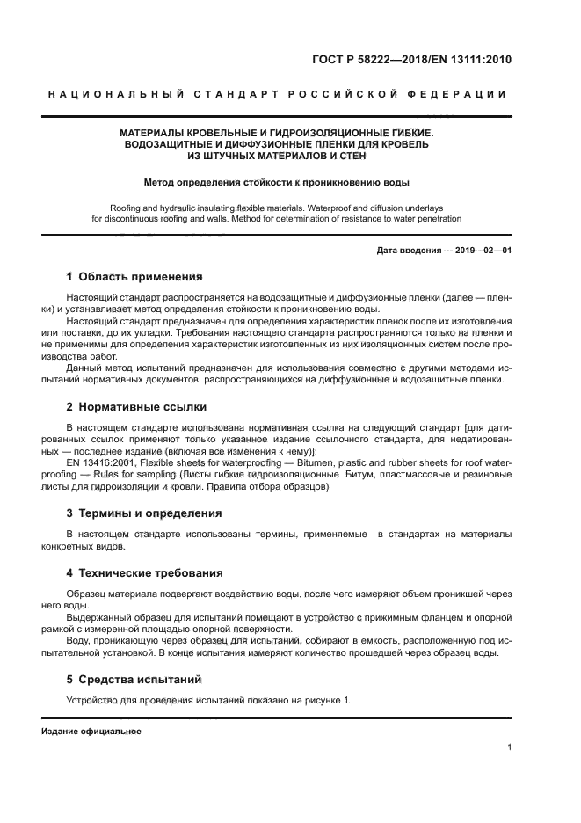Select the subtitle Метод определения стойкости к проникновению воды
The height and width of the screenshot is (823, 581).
coord(277,183)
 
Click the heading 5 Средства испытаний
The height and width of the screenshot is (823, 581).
coord(134,679)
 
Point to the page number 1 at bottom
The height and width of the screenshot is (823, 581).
coord(509,747)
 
